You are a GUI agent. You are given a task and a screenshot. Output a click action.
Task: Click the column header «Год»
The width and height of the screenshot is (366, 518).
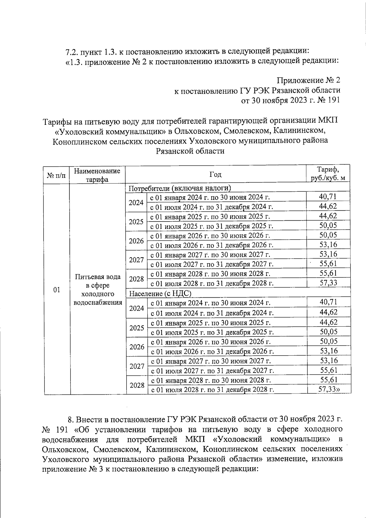coord(215,174)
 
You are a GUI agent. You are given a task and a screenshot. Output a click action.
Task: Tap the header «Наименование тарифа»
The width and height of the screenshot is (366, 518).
coord(97,175)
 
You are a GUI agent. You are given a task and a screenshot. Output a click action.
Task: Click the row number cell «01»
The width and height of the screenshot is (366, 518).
coord(56,290)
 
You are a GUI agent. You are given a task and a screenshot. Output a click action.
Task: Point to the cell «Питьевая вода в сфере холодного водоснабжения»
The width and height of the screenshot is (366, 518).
coord(98,289)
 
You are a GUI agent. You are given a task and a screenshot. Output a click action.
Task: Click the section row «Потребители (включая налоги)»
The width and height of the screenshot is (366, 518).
coord(180,188)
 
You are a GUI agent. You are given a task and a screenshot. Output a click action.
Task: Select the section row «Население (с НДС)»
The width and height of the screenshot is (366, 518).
coord(160,294)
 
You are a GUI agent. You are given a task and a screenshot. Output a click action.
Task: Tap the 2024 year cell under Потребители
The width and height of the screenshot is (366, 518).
coord(136,202)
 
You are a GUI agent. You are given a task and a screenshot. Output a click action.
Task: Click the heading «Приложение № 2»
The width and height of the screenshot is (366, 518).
coord(308,80)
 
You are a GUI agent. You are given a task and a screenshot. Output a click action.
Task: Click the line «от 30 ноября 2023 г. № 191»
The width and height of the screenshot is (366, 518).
coord(291,100)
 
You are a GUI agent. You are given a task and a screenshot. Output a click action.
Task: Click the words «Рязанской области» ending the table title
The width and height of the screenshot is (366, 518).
coord(190,151)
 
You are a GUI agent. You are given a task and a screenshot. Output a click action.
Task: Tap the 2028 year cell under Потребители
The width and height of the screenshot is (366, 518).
coord(136,279)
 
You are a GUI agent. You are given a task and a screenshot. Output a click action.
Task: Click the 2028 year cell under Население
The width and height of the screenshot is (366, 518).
coord(137,385)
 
